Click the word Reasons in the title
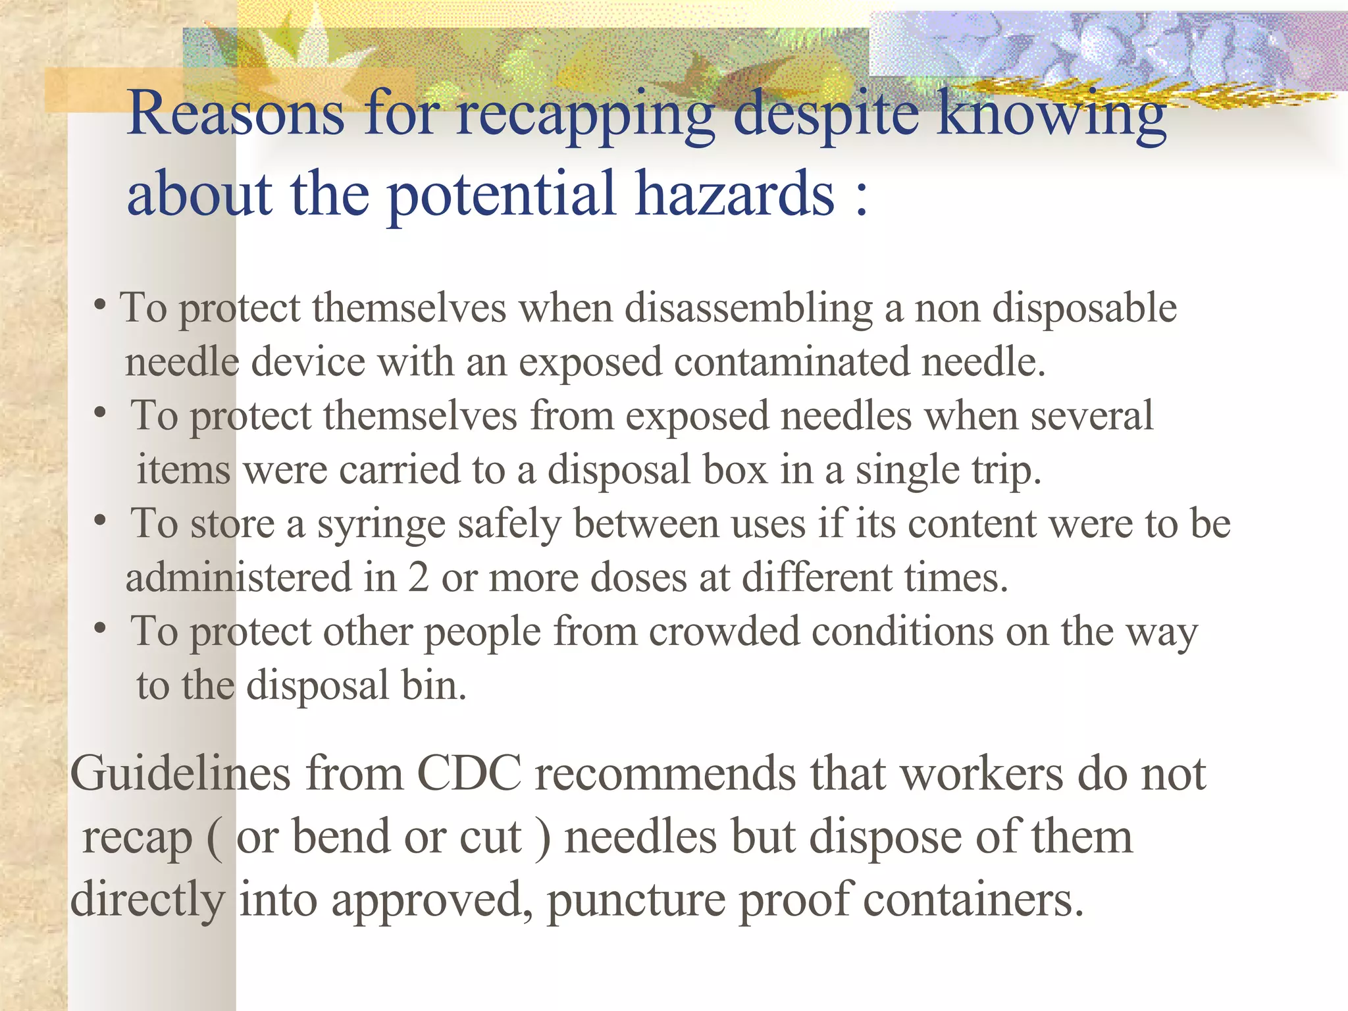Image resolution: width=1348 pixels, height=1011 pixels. coord(236,113)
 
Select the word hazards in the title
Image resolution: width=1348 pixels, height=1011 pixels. coord(735,194)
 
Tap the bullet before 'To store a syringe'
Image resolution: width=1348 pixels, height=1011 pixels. coord(100,521)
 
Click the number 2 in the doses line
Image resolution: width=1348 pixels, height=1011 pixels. coord(418,578)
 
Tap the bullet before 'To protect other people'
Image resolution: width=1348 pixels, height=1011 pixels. coord(100,629)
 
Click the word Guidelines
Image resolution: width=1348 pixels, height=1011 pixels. coord(180,774)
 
